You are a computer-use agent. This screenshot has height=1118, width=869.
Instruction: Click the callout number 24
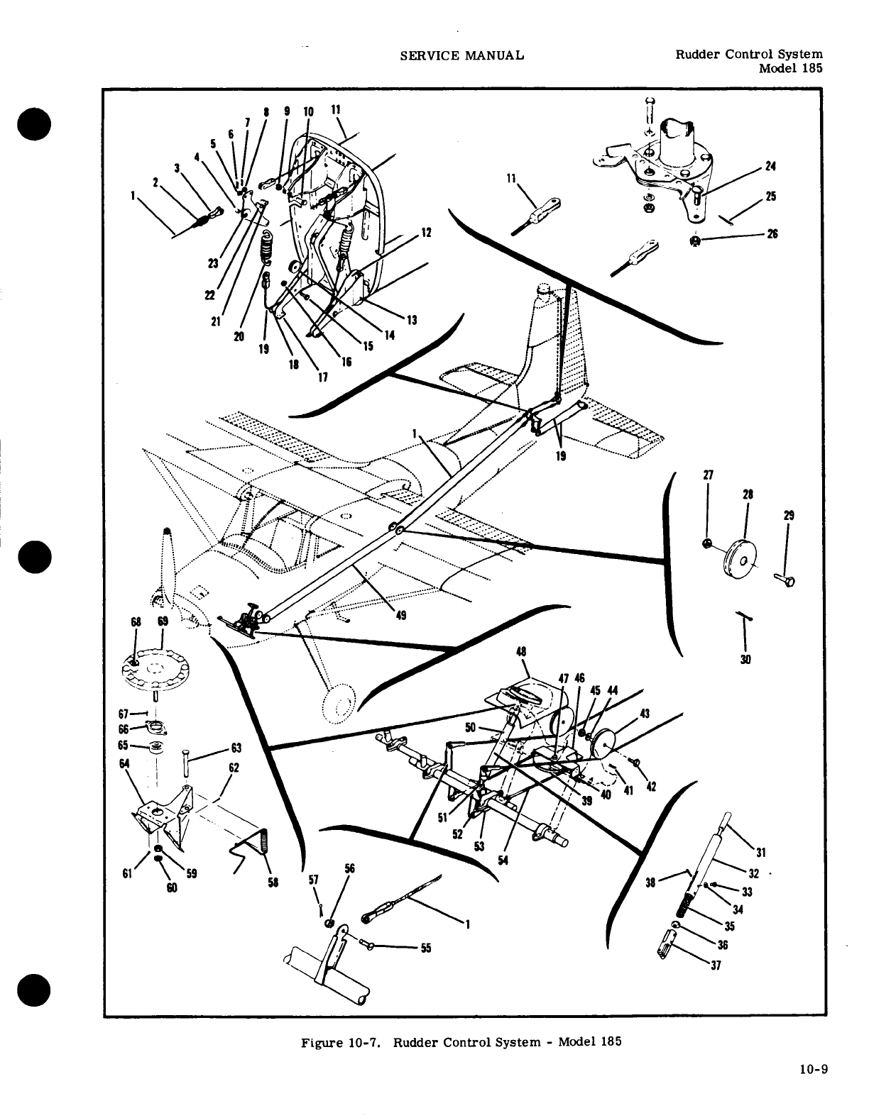tap(770, 167)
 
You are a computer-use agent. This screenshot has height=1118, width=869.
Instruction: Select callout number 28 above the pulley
tap(748, 494)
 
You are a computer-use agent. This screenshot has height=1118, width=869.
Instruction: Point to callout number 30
tap(745, 659)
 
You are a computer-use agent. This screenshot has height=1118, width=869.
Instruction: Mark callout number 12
tap(426, 232)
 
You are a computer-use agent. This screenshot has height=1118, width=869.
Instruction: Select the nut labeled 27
tap(707, 544)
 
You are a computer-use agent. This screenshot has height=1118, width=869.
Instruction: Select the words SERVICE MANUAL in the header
tap(462, 55)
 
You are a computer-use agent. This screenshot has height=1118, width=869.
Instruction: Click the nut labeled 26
tap(696, 242)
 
